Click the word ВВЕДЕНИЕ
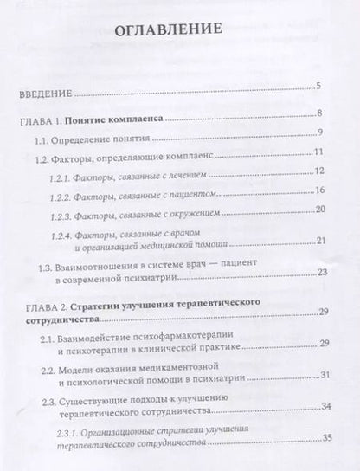[43, 89]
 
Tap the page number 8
[320, 113]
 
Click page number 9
[320, 132]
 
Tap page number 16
[318, 190]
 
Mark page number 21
[319, 240]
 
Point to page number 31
[320, 375]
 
